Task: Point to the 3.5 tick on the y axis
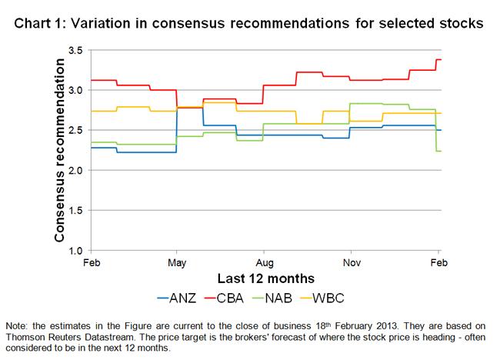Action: pos(75,50)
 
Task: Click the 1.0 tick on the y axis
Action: pos(75,250)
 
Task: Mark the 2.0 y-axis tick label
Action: pos(75,170)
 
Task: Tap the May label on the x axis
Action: pos(177,262)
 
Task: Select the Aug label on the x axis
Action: pos(264,262)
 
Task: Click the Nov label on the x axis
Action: pos(351,262)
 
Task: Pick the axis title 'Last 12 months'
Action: pos(264,278)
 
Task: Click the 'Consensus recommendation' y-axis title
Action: pos(59,150)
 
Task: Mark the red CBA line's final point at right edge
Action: pos(440,59)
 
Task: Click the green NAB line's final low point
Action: pos(440,151)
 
